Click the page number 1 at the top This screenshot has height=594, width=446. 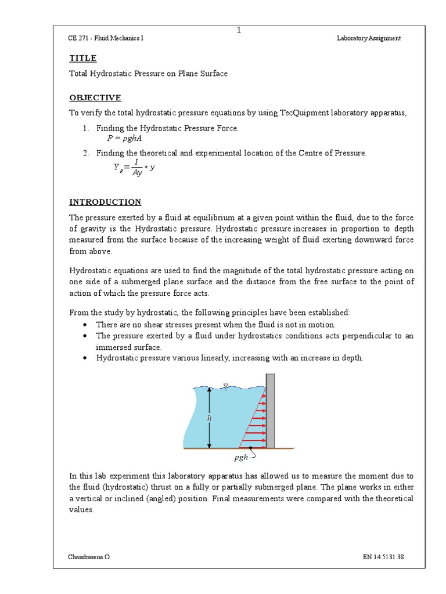(238, 31)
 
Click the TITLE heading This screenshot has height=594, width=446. (83, 59)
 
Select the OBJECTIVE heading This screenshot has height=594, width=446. (95, 97)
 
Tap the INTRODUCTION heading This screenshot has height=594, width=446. (105, 202)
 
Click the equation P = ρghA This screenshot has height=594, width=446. (124, 139)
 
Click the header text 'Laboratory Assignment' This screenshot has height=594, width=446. (369, 39)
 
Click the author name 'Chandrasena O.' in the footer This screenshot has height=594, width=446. (89, 557)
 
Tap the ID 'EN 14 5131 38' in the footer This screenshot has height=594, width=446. (383, 557)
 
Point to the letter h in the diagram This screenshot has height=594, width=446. (210, 416)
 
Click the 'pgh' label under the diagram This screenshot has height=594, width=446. (242, 458)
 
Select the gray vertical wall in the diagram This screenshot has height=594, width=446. (270, 411)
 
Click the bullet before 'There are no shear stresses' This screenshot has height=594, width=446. (86, 325)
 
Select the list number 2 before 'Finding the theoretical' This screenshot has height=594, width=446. (85, 153)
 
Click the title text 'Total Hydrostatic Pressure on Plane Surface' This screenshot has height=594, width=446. (148, 74)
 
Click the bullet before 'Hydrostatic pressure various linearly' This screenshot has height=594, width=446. (86, 358)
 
